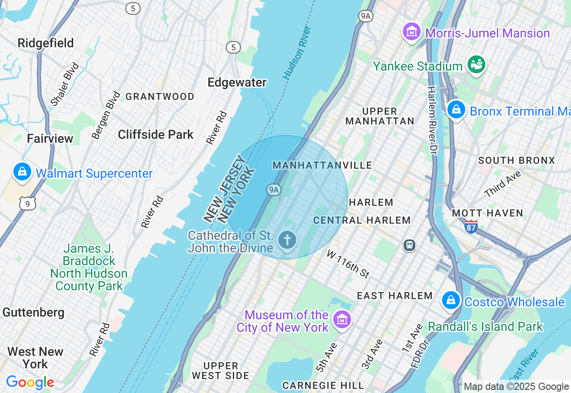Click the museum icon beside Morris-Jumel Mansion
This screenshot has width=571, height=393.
click(x=412, y=32)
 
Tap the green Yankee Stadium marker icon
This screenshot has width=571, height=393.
click(x=476, y=65)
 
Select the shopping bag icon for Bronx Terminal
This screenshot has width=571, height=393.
click(x=456, y=109)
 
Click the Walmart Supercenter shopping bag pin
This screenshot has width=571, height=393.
click(x=22, y=172)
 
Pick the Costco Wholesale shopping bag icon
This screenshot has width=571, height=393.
click(x=451, y=301)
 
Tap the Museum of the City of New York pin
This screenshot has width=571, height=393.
click(x=342, y=320)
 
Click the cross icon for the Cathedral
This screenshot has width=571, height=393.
click(x=287, y=240)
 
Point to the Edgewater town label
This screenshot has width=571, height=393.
click(x=237, y=83)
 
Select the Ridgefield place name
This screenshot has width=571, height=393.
click(x=46, y=43)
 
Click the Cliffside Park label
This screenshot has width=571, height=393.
click(x=156, y=135)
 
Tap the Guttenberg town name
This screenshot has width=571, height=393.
click(x=33, y=312)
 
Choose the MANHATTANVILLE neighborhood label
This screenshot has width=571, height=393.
click(x=322, y=166)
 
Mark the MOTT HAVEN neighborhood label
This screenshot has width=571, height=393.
click(x=487, y=213)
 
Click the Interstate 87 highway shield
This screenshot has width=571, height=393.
click(x=471, y=226)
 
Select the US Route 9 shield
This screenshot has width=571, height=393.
click(x=27, y=204)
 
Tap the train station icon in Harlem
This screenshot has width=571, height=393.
click(x=409, y=245)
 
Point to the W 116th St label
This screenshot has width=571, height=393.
click(x=348, y=264)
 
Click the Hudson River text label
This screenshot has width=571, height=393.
click(x=297, y=53)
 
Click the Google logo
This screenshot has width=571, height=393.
click(x=30, y=382)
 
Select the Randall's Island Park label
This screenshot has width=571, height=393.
click(x=485, y=327)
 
